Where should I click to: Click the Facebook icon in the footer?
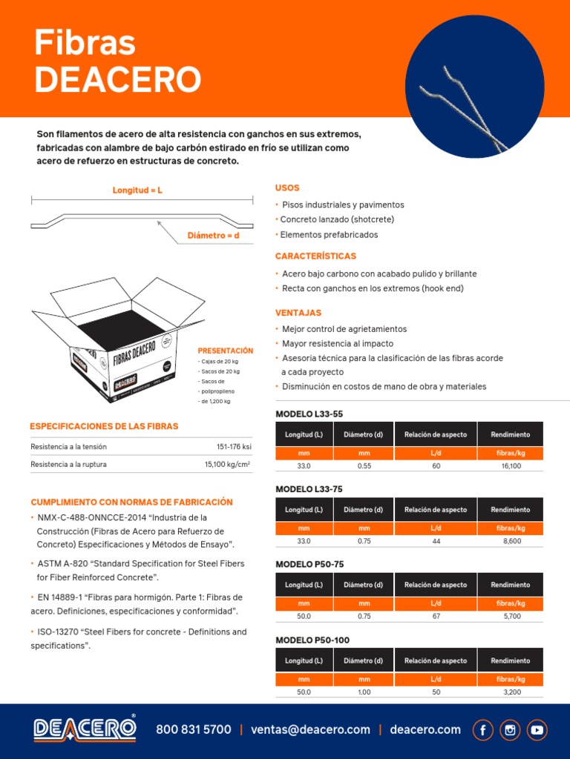pos(483,730)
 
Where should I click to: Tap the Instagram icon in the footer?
pos(510,730)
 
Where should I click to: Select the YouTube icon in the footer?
pos(537,730)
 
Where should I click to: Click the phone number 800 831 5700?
pos(194,730)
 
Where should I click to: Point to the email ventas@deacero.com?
pos(310,730)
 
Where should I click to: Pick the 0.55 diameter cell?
pos(364,466)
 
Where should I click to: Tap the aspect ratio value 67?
pos(436,617)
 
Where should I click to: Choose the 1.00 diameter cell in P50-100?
pos(364,692)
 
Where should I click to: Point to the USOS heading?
pos(287,188)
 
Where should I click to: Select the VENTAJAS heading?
pos(298,313)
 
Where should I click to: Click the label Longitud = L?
pos(137,190)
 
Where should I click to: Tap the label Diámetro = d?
pos(213,236)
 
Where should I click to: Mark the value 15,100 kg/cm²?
pos(227,465)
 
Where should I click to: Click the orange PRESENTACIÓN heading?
pos(226,351)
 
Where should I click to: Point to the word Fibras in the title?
pos(85,44)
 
